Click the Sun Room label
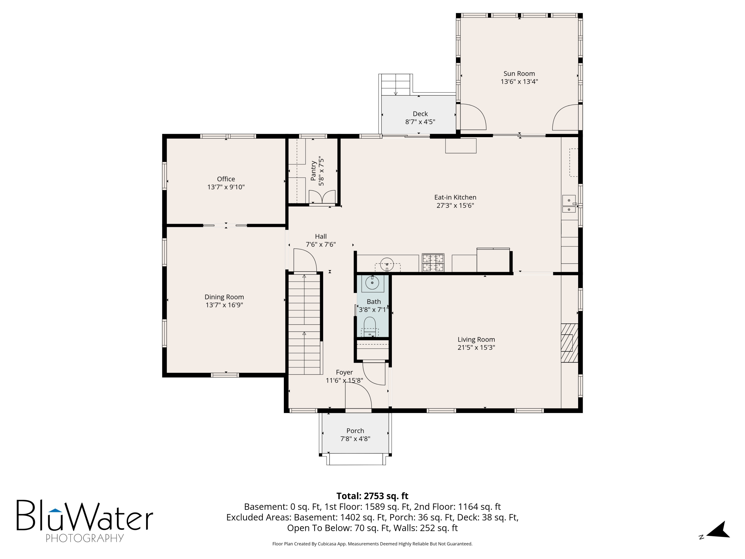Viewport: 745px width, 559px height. pyautogui.click(x=519, y=74)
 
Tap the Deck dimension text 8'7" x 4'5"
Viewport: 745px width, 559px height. pyautogui.click(x=420, y=122)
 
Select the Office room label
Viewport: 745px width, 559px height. pyautogui.click(x=226, y=179)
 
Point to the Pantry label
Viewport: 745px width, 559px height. pyautogui.click(x=313, y=171)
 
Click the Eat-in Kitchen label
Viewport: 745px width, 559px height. pyautogui.click(x=455, y=197)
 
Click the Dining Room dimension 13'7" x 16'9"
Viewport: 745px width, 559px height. pyautogui.click(x=224, y=305)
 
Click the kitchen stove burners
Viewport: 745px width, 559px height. pyautogui.click(x=433, y=263)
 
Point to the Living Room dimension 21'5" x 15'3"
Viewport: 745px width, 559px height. pyautogui.click(x=476, y=347)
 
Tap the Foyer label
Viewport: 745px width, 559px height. pyautogui.click(x=344, y=372)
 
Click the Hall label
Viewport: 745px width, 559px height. pyautogui.click(x=321, y=236)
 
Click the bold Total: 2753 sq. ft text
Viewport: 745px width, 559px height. pyautogui.click(x=372, y=496)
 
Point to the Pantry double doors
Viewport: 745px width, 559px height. pyautogui.click(x=322, y=197)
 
